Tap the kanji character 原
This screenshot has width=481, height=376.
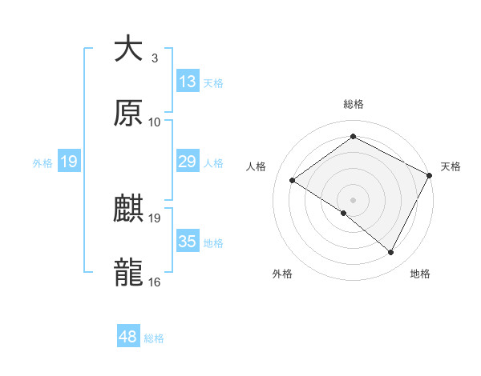pyautogui.click(x=128, y=114)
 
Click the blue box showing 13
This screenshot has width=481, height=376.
pyautogui.click(x=188, y=82)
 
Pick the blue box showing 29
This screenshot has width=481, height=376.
pyautogui.click(x=188, y=162)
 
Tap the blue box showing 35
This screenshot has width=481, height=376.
pyautogui.click(x=188, y=242)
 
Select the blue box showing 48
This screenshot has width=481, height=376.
pyautogui.click(x=128, y=338)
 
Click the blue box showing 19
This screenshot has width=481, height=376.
pyautogui.click(x=68, y=162)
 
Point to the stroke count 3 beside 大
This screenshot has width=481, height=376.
pyautogui.click(x=154, y=58)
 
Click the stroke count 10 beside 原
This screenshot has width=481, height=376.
pyautogui.click(x=155, y=122)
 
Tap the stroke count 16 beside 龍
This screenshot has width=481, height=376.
pyautogui.click(x=155, y=282)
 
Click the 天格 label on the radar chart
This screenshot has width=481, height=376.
pyautogui.click(x=451, y=166)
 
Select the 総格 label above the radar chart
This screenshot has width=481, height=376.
pyautogui.click(x=353, y=104)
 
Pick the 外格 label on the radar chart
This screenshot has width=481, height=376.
pyautogui.click(x=282, y=274)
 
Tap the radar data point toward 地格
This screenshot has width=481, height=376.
pyautogui.click(x=391, y=253)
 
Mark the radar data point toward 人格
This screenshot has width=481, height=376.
pyautogui.click(x=293, y=181)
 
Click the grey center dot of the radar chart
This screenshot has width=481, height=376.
pyautogui.click(x=353, y=199)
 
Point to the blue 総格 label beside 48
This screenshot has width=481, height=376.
pyautogui.click(x=154, y=338)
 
